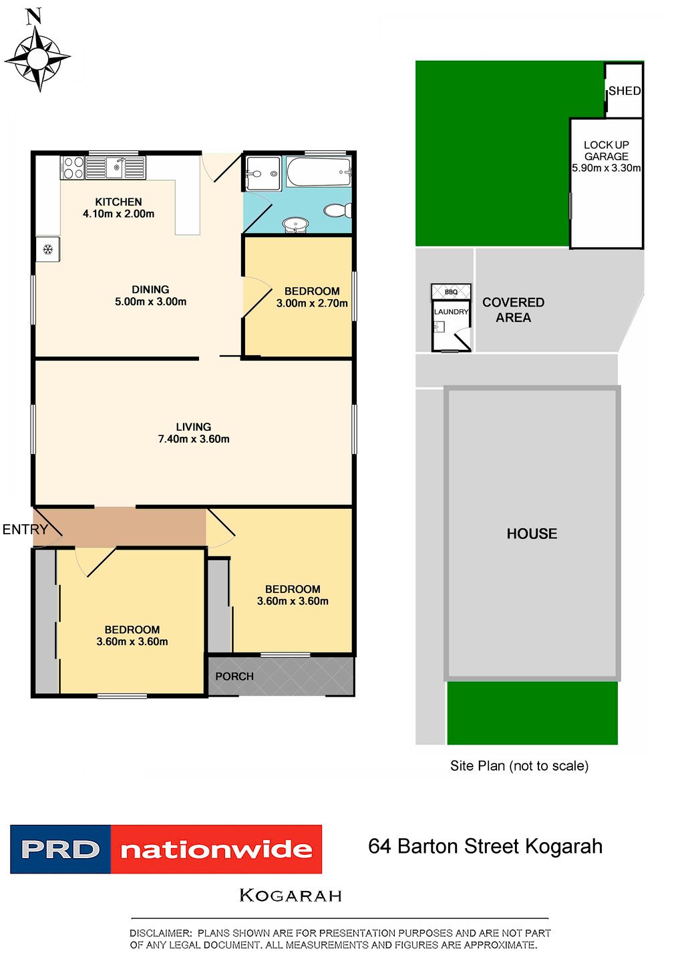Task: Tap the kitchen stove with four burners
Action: tap(73, 168)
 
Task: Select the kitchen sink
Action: tap(116, 167)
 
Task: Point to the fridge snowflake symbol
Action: tap(47, 249)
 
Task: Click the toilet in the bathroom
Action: tap(337, 210)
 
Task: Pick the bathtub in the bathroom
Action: tap(318, 172)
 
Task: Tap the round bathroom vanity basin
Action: tap(295, 224)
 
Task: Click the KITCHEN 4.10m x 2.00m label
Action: tap(118, 208)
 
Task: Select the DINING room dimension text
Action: tap(150, 301)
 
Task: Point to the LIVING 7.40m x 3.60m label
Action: tap(194, 433)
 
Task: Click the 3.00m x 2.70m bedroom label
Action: tap(312, 303)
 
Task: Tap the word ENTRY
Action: tap(25, 530)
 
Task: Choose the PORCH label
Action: tap(234, 676)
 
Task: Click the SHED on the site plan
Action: tap(625, 91)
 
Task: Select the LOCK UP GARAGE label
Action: tap(607, 151)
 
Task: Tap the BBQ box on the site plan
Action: tap(451, 291)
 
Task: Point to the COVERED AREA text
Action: tap(513, 310)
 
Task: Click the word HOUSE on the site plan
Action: tap(532, 534)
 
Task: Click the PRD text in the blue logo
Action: tap(60, 849)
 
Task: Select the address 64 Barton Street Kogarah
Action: tap(486, 846)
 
